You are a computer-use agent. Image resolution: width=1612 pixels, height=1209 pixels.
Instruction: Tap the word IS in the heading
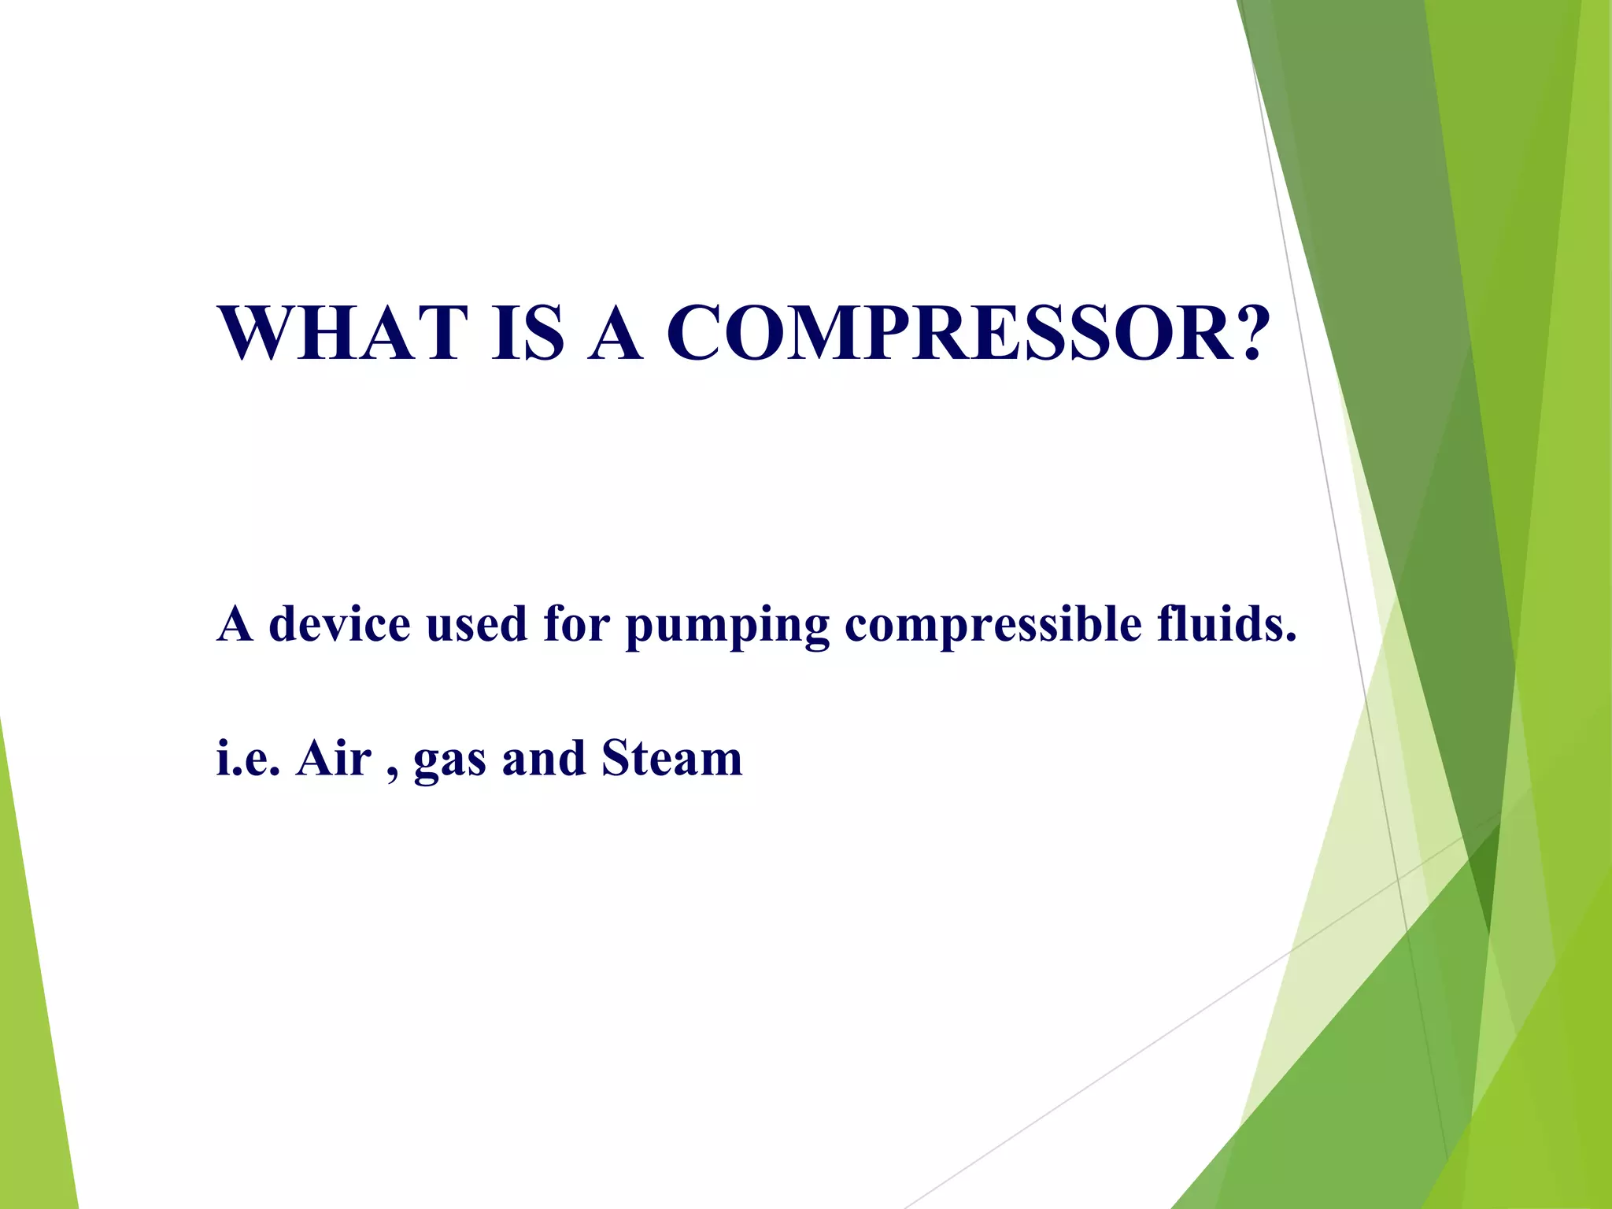pyautogui.click(x=527, y=334)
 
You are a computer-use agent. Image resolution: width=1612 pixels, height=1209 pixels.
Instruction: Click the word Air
pyautogui.click(x=333, y=759)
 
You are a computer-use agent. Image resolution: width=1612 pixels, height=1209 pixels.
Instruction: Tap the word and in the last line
pyautogui.click(x=543, y=759)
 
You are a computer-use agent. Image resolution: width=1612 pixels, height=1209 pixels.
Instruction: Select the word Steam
pyautogui.click(x=671, y=759)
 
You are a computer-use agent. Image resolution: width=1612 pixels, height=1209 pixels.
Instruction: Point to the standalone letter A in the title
pyautogui.click(x=615, y=334)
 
